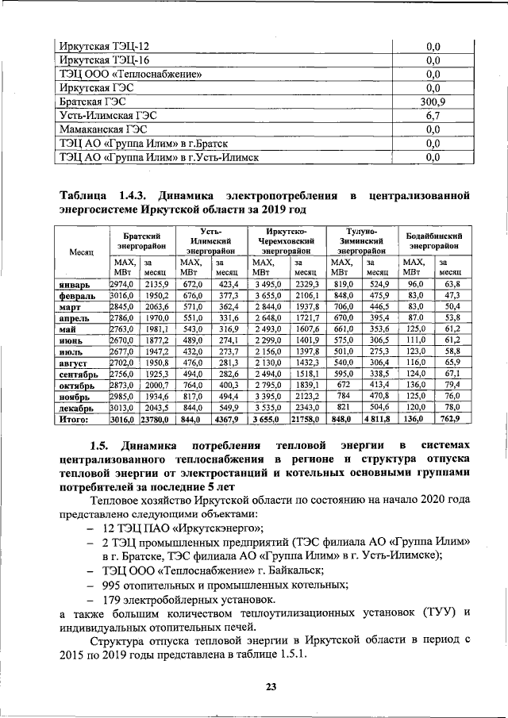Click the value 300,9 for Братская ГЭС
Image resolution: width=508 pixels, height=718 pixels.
(433, 102)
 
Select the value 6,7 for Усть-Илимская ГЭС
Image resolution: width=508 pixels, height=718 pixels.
(433, 115)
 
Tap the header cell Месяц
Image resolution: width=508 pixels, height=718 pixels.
(81, 251)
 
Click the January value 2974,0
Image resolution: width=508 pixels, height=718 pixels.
(123, 284)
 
